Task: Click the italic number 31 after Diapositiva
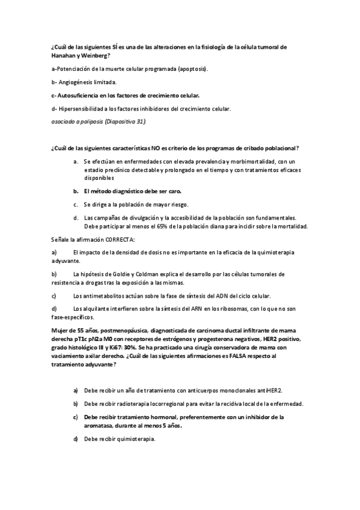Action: point(140,121)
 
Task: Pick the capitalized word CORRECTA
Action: point(120,239)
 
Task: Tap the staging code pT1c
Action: point(83,339)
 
